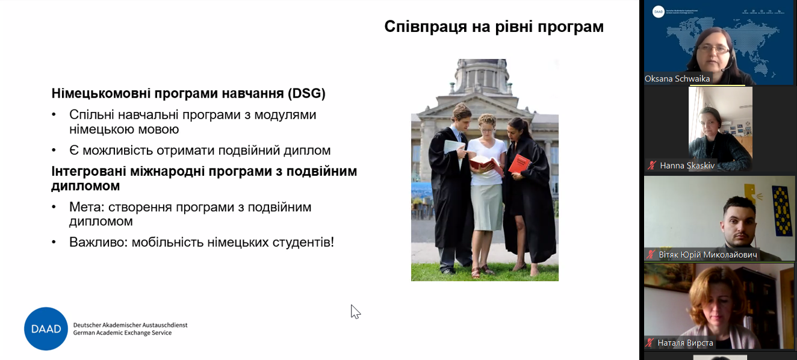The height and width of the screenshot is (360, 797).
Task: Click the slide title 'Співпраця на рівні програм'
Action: click(x=494, y=27)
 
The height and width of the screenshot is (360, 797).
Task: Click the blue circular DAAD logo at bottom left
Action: click(x=46, y=329)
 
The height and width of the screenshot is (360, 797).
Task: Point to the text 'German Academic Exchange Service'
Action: click(x=122, y=333)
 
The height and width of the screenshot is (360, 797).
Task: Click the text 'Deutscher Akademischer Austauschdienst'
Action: click(x=130, y=325)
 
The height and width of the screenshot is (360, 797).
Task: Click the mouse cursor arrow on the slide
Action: click(x=355, y=311)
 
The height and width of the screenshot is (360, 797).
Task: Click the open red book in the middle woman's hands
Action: click(x=485, y=163)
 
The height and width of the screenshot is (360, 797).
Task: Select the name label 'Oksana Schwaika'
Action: click(x=677, y=79)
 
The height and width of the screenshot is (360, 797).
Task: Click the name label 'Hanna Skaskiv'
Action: click(x=687, y=166)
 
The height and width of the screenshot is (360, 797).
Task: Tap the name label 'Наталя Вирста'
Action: click(x=685, y=343)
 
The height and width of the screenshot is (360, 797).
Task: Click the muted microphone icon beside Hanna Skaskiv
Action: click(x=651, y=166)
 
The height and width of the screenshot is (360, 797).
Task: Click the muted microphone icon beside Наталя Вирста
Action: click(x=650, y=343)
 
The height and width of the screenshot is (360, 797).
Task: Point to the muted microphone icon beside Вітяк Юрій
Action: click(x=650, y=255)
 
